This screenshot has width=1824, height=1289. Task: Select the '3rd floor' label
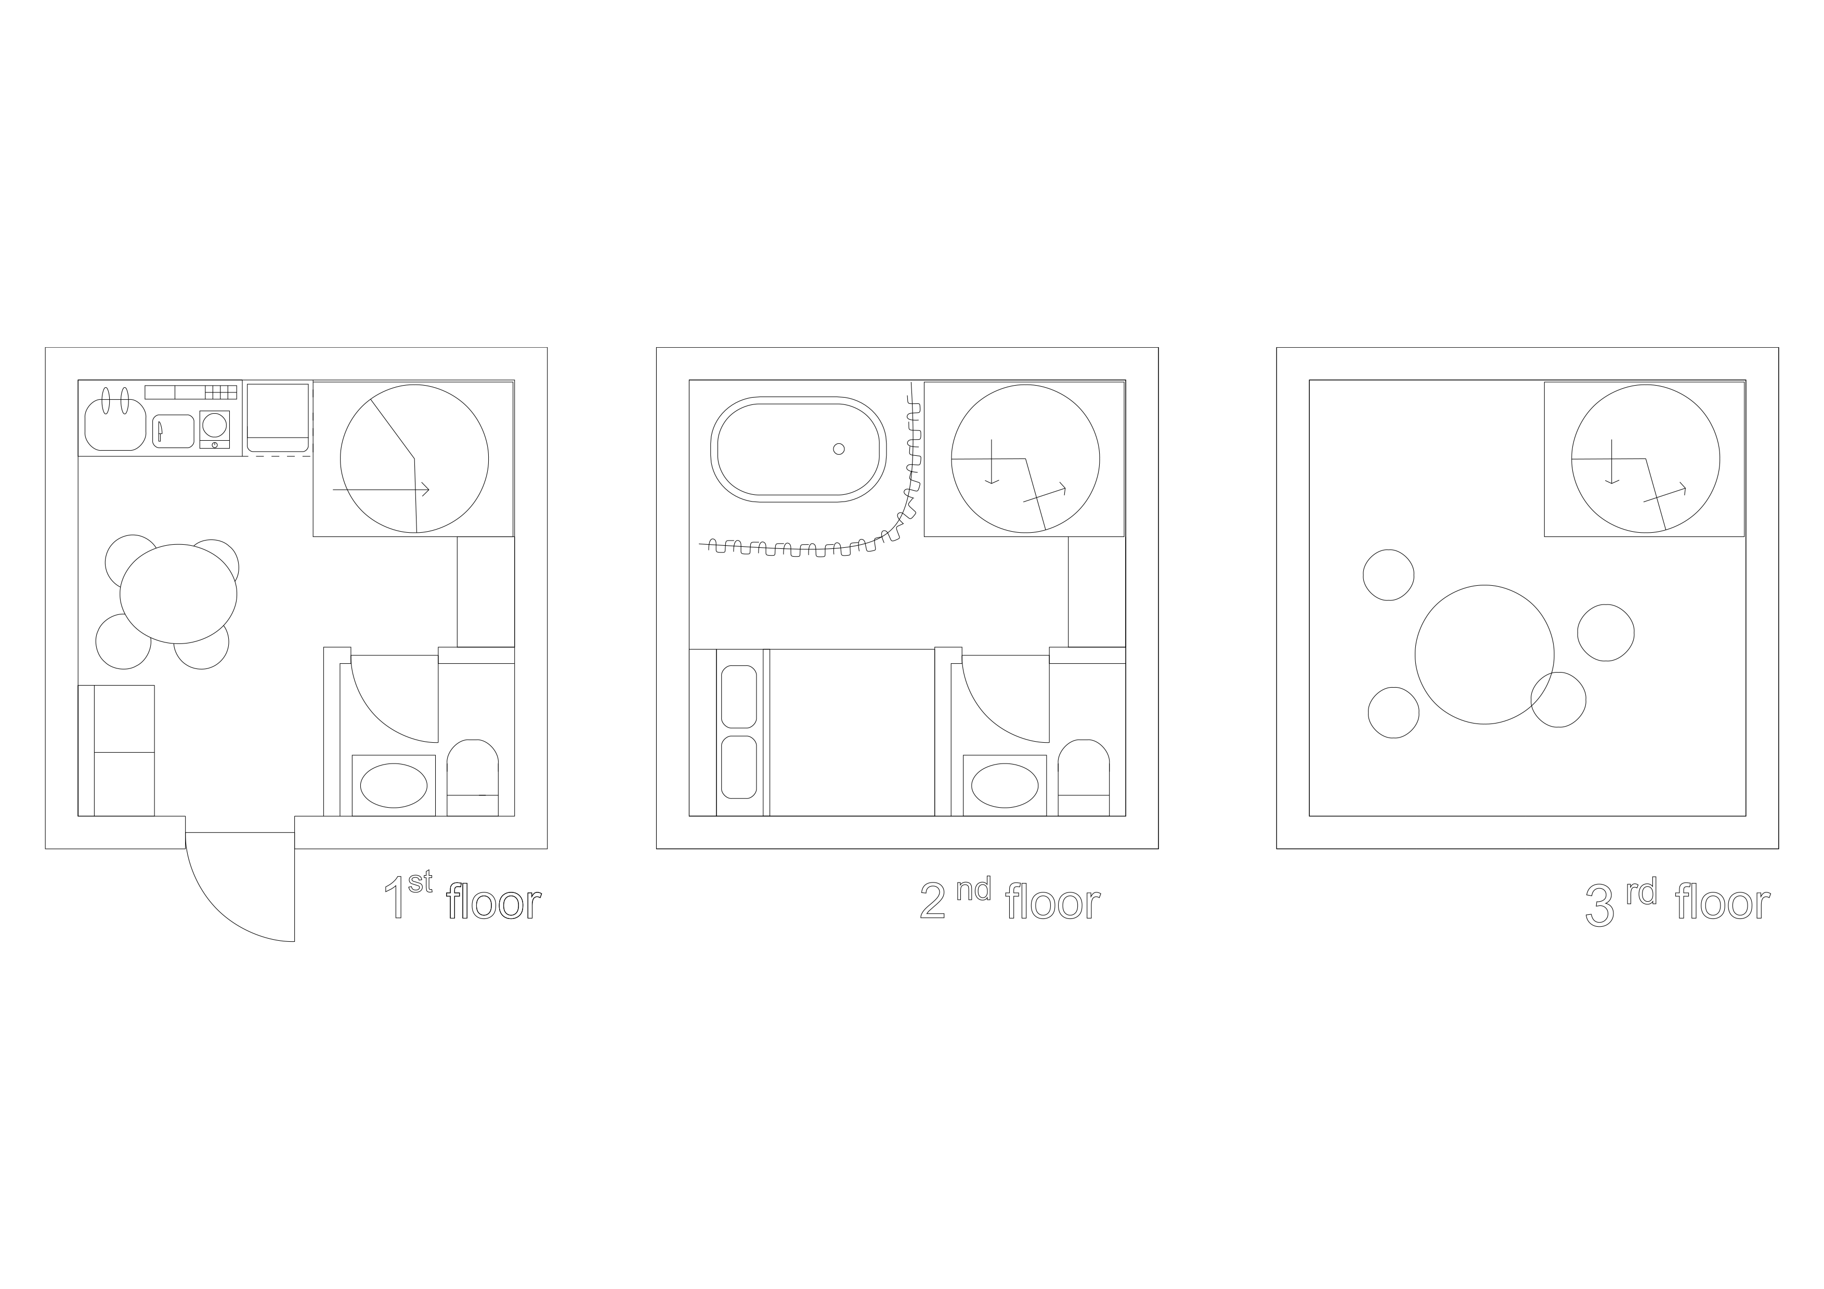[x=1677, y=903]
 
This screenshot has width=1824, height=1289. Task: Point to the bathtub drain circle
[x=838, y=449]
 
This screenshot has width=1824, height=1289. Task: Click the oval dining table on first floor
[x=179, y=593]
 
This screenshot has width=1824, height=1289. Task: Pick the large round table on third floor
[x=1484, y=654]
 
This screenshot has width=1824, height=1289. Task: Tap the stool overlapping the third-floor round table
[x=1558, y=700]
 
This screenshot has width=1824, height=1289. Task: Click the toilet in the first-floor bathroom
[x=473, y=778]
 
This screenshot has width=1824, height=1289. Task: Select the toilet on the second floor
[x=1084, y=778]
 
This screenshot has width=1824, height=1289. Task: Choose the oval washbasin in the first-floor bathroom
[x=393, y=785]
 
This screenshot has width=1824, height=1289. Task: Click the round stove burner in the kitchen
[x=215, y=425]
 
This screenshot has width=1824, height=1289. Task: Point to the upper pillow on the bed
[x=739, y=696]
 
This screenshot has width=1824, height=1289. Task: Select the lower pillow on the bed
[x=739, y=767]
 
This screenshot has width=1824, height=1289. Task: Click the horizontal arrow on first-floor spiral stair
[x=381, y=490]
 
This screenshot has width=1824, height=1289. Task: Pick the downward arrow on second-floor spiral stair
[x=992, y=462]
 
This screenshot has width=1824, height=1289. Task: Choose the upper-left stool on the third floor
[x=1389, y=575]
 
